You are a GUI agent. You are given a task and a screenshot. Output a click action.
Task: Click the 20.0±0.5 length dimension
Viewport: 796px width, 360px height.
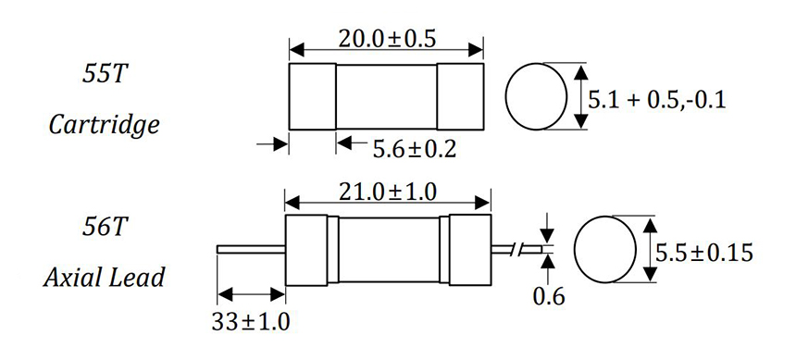(387, 39)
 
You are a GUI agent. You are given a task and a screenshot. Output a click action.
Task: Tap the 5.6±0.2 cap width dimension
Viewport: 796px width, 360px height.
(415, 149)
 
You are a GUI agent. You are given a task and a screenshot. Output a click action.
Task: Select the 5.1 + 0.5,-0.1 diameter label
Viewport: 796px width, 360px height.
(657, 100)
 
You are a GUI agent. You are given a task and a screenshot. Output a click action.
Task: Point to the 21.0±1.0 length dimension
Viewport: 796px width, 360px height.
(387, 192)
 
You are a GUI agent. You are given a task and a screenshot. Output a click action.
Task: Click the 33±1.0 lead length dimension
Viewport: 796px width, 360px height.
(250, 322)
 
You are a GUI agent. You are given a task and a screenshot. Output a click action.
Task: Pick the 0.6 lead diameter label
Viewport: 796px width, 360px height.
(548, 296)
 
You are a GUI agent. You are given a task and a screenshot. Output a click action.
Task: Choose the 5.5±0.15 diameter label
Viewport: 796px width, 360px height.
(704, 253)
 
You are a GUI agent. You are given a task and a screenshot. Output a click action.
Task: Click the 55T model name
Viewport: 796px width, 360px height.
(103, 75)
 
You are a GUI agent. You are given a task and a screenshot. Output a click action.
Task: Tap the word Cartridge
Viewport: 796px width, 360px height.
(104, 125)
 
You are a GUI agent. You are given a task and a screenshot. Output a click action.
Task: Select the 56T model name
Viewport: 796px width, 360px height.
(103, 228)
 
